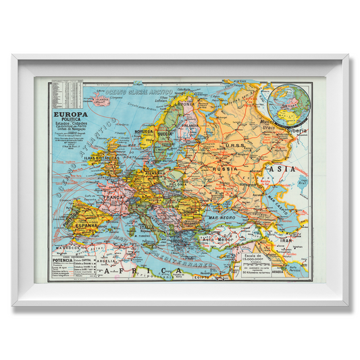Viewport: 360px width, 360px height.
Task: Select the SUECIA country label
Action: pyautogui.click(x=165, y=134)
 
